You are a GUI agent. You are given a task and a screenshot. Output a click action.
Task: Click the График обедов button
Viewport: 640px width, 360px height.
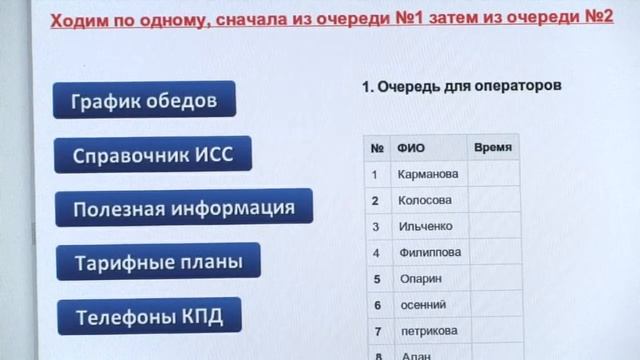[x=144, y=100]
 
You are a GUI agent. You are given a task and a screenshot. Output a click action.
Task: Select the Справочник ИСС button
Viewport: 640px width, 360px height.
[x=152, y=155]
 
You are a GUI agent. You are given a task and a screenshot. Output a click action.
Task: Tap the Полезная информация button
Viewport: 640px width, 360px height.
[x=183, y=208]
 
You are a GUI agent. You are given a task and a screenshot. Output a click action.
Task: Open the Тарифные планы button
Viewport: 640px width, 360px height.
[x=158, y=263]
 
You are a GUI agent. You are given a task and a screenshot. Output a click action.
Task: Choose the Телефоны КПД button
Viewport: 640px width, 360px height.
[x=148, y=317]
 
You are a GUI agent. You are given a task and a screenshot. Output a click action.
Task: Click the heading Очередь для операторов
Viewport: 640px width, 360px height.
[x=461, y=87]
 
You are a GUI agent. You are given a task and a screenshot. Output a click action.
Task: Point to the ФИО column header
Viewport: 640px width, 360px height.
[x=411, y=148]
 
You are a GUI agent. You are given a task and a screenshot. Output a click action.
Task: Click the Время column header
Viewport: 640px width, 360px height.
[x=493, y=147]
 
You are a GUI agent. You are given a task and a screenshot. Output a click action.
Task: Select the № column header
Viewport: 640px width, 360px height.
[x=377, y=148]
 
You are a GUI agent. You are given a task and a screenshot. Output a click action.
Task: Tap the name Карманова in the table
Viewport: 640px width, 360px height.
[x=427, y=174]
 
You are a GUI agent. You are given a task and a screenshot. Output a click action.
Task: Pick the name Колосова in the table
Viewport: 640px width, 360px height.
[x=424, y=200]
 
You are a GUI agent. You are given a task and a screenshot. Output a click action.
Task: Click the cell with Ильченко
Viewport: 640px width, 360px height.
[x=425, y=226]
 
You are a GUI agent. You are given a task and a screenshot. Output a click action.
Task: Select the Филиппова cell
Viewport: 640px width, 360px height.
[x=429, y=253]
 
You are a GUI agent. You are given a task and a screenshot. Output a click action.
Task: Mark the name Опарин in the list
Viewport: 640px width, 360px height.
[x=419, y=279]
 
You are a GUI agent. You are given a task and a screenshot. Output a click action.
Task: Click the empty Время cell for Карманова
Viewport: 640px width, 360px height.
[x=494, y=174]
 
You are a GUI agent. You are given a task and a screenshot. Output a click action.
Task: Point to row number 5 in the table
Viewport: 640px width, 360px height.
[x=376, y=279]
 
